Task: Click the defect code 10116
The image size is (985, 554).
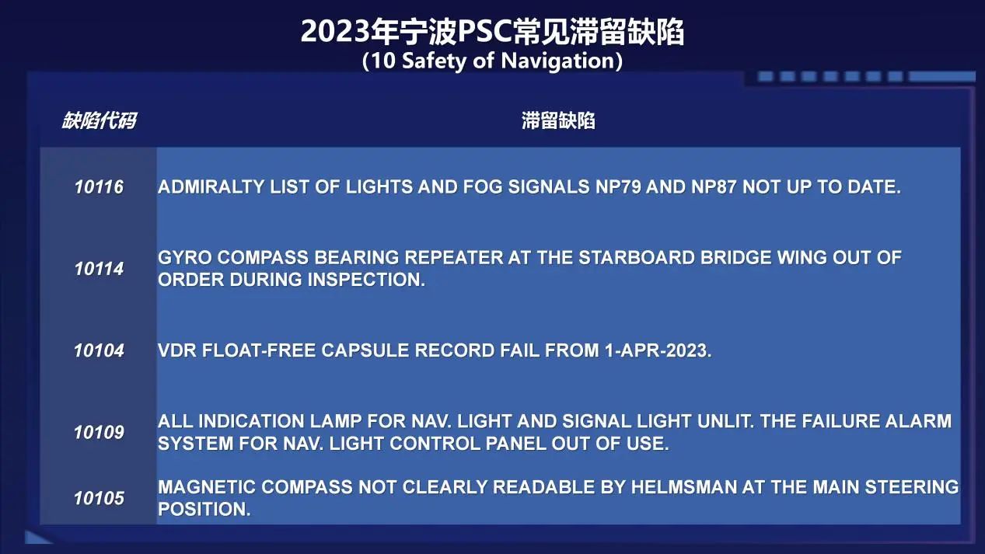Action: coord(99,187)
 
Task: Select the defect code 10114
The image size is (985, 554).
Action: coord(99,269)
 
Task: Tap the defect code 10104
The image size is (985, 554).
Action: coord(99,350)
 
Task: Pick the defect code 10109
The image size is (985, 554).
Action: coord(99,432)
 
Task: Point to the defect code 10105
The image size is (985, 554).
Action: coord(99,498)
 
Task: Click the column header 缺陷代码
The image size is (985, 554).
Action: coord(100,120)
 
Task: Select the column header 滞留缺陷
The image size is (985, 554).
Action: coord(558,120)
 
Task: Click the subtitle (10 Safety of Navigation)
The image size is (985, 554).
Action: coord(492,61)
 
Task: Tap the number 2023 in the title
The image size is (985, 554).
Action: coord(335,32)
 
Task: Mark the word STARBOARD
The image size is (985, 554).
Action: coord(636,258)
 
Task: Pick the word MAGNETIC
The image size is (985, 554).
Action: coord(207,487)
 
